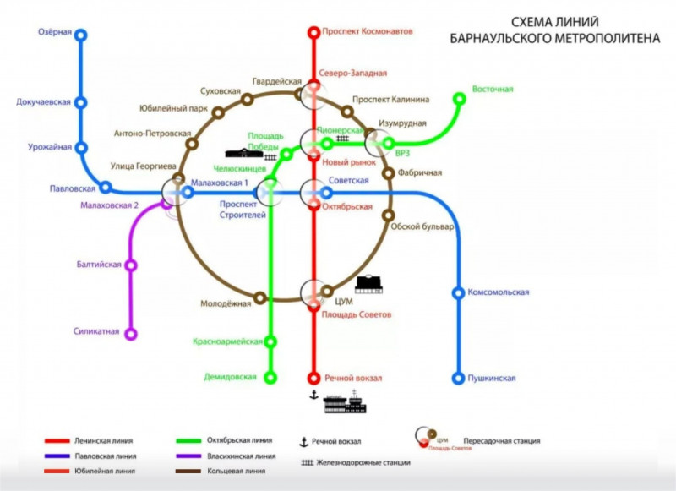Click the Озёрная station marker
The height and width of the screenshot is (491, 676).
click(81, 35)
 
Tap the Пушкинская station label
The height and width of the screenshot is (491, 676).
click(492, 378)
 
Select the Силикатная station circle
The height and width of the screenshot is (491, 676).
click(131, 334)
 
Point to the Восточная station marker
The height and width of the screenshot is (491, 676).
click(460, 99)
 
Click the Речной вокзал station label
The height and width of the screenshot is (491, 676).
click(352, 378)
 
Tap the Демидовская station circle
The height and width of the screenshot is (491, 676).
click(271, 377)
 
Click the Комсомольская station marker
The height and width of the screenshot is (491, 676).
click(459, 293)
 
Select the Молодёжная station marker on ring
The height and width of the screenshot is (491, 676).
click(260, 297)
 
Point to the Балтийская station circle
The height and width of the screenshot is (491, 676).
click(131, 265)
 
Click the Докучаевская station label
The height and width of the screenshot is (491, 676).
click(43, 102)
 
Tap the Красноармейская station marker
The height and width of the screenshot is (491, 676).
click(271, 341)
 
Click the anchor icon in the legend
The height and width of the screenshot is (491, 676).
click(303, 441)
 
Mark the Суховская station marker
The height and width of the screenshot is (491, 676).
click(217, 112)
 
